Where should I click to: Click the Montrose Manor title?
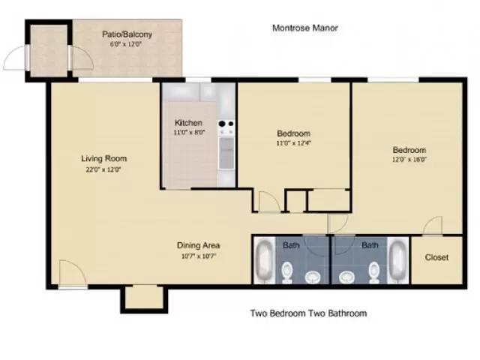tap(305, 28)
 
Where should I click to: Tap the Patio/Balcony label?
tap(127, 34)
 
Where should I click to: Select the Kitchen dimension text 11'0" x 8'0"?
tap(189, 133)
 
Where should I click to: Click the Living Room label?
tap(103, 158)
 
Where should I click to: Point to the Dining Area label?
tap(198, 245)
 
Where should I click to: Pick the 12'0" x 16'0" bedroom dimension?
tap(409, 159)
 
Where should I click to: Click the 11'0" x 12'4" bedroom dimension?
tap(293, 143)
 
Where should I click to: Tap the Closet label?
tap(436, 257)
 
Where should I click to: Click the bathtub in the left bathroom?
tap(263, 259)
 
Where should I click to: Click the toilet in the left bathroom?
tap(286, 271)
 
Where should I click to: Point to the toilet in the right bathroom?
tap(374, 271)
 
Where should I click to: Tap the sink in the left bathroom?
tap(313, 277)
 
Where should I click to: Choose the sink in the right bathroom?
tap(347, 277)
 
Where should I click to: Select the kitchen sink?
tap(226, 153)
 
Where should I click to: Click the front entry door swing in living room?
tap(73, 273)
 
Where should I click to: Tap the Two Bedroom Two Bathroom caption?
tap(308, 313)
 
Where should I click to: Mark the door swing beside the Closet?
tap(433, 226)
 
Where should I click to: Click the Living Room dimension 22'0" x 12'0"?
tap(103, 169)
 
